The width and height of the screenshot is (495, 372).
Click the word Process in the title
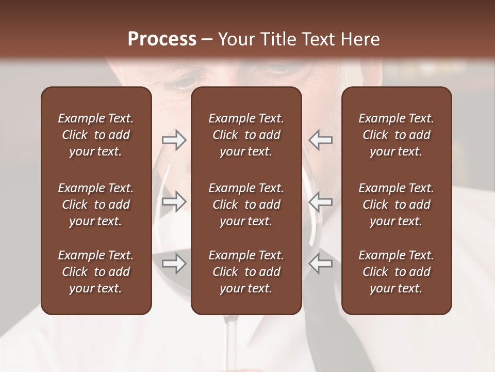click(162, 39)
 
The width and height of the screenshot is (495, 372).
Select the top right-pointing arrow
click(174, 140)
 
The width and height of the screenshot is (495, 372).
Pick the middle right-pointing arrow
click(174, 201)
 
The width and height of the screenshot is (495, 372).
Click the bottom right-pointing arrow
click(174, 263)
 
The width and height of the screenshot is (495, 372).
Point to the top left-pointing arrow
click(320, 140)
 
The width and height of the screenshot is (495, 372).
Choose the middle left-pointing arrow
click(320, 201)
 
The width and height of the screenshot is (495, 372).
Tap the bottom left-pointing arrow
click(320, 263)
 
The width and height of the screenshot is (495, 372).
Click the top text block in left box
click(96, 135)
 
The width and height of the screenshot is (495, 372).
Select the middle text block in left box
click(96, 205)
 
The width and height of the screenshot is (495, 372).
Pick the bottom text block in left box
click(96, 272)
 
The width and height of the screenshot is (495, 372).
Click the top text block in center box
click(246, 135)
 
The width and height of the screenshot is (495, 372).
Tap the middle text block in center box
click(246, 205)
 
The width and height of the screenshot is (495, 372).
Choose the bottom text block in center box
click(246, 272)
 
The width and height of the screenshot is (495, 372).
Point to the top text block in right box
click(397, 135)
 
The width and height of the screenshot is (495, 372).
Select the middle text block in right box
click(397, 205)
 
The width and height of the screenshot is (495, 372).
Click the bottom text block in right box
click(397, 272)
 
